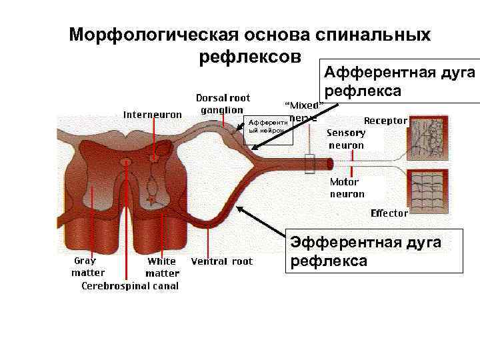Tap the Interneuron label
tap(152, 114)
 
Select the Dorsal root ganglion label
tap(223, 104)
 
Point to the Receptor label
tap(385, 121)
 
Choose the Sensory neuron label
tap(346, 139)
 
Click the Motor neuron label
tap(347, 187)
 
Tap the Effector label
tap(389, 213)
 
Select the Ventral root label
tap(222, 261)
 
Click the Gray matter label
tap(88, 267)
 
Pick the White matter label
tap(162, 267)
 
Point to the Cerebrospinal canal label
tap(130, 286)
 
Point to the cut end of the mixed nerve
tap(329, 163)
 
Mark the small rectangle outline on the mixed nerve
tap(309, 164)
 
